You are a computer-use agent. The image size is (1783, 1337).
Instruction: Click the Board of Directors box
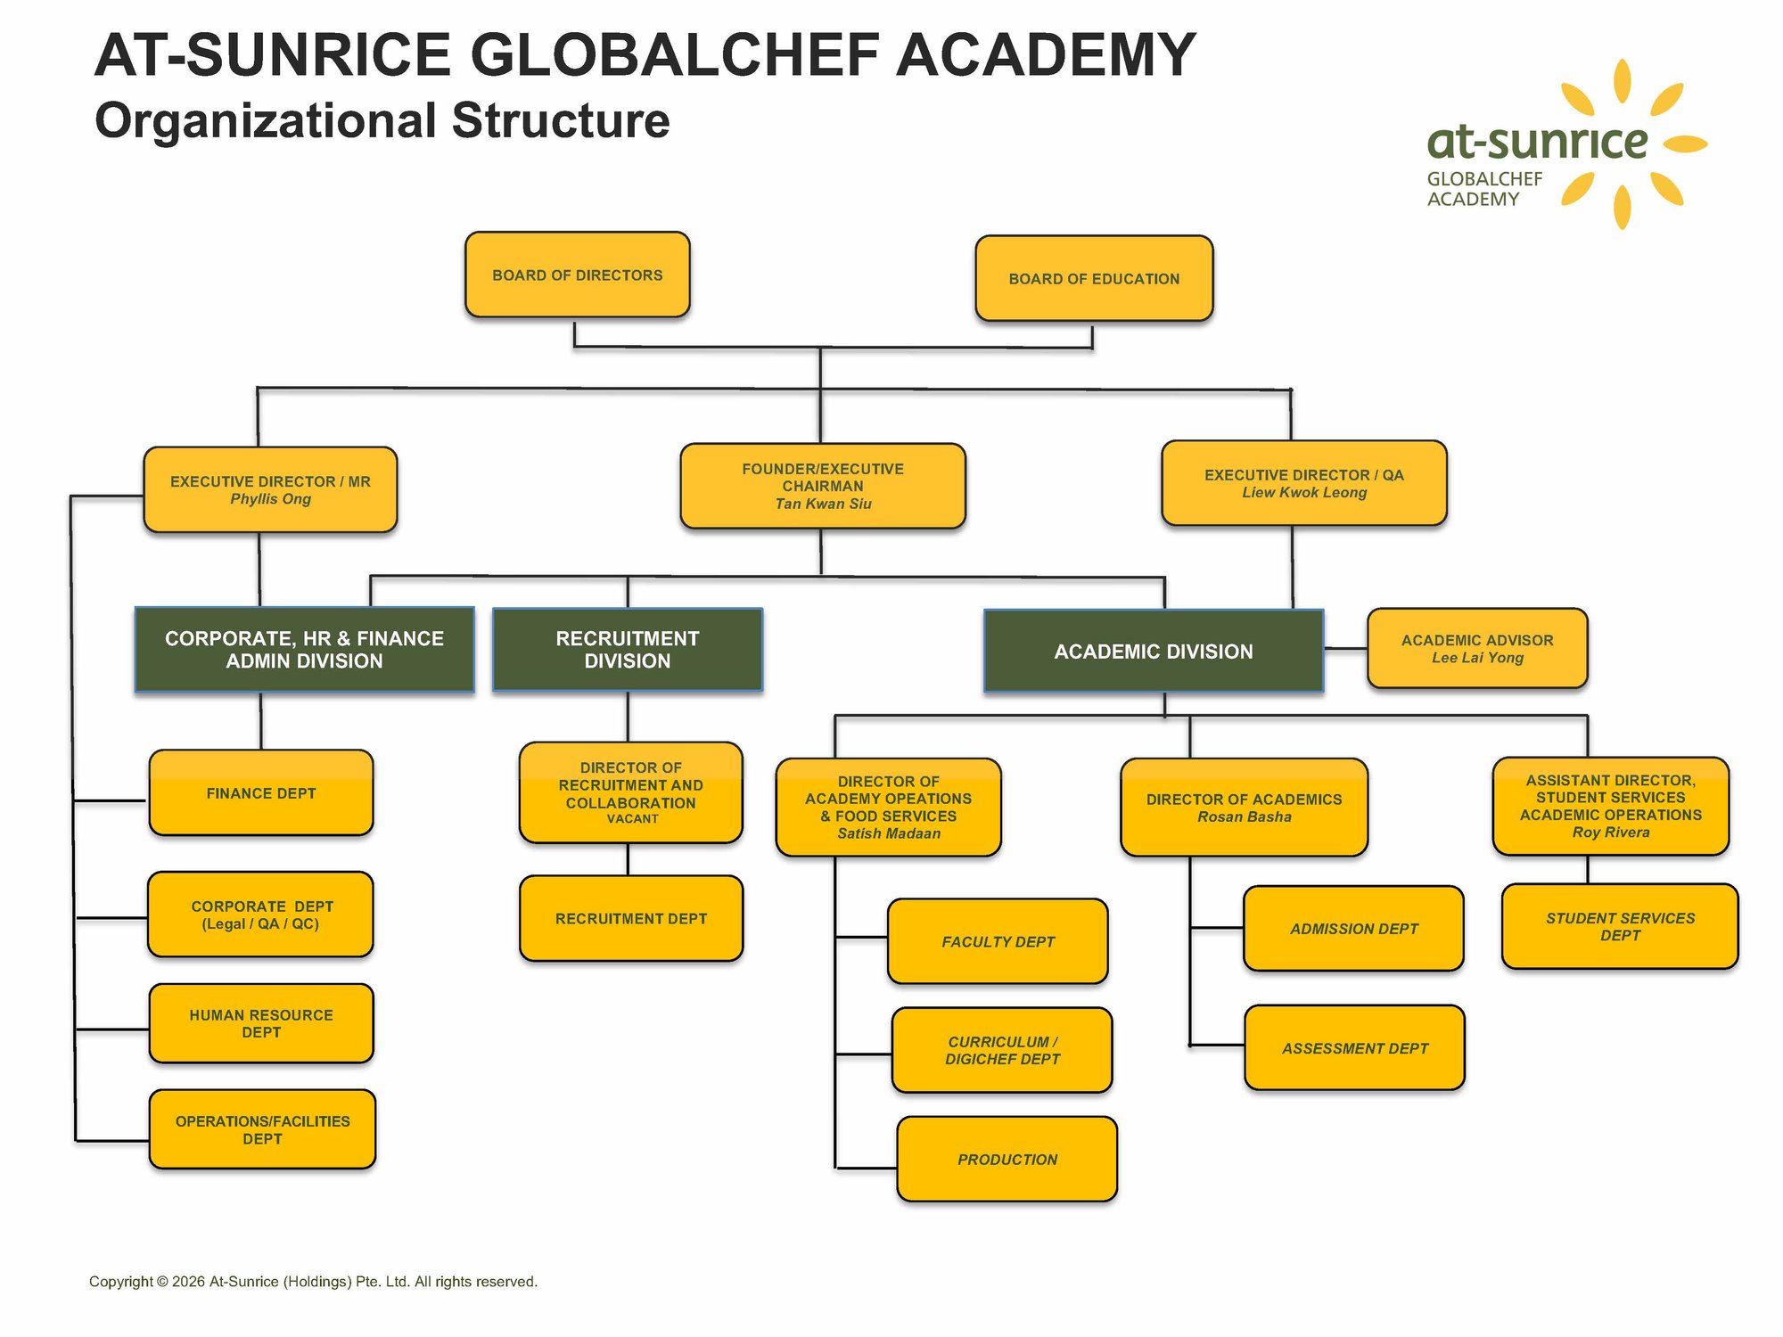click(577, 275)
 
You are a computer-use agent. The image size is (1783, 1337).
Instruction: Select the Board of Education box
click(1094, 278)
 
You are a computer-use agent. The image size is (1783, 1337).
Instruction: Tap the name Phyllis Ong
click(270, 499)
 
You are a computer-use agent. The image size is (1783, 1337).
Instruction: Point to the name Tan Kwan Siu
click(823, 504)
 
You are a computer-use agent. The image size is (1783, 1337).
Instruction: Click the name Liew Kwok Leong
click(1304, 493)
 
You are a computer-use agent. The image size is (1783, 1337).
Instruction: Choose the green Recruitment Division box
click(628, 650)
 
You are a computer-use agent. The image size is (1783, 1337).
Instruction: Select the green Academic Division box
click(1153, 652)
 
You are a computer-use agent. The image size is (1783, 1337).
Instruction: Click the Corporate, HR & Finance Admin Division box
click(304, 650)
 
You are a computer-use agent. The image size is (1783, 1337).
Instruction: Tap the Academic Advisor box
click(1477, 648)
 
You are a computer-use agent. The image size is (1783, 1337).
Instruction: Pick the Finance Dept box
click(260, 793)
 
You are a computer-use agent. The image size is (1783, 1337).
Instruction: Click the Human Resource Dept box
click(260, 1023)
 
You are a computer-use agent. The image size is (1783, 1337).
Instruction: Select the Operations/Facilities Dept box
click(262, 1129)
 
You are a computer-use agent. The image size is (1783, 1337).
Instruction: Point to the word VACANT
click(632, 819)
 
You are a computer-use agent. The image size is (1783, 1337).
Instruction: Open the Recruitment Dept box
click(630, 918)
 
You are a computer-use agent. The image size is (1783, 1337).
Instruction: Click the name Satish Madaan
click(889, 833)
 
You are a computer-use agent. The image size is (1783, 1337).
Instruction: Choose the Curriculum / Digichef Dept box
click(1002, 1050)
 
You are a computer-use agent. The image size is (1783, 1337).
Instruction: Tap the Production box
click(1007, 1159)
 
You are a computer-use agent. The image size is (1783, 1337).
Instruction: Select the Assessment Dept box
click(1354, 1048)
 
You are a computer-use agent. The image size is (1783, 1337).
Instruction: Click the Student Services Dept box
click(1620, 926)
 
